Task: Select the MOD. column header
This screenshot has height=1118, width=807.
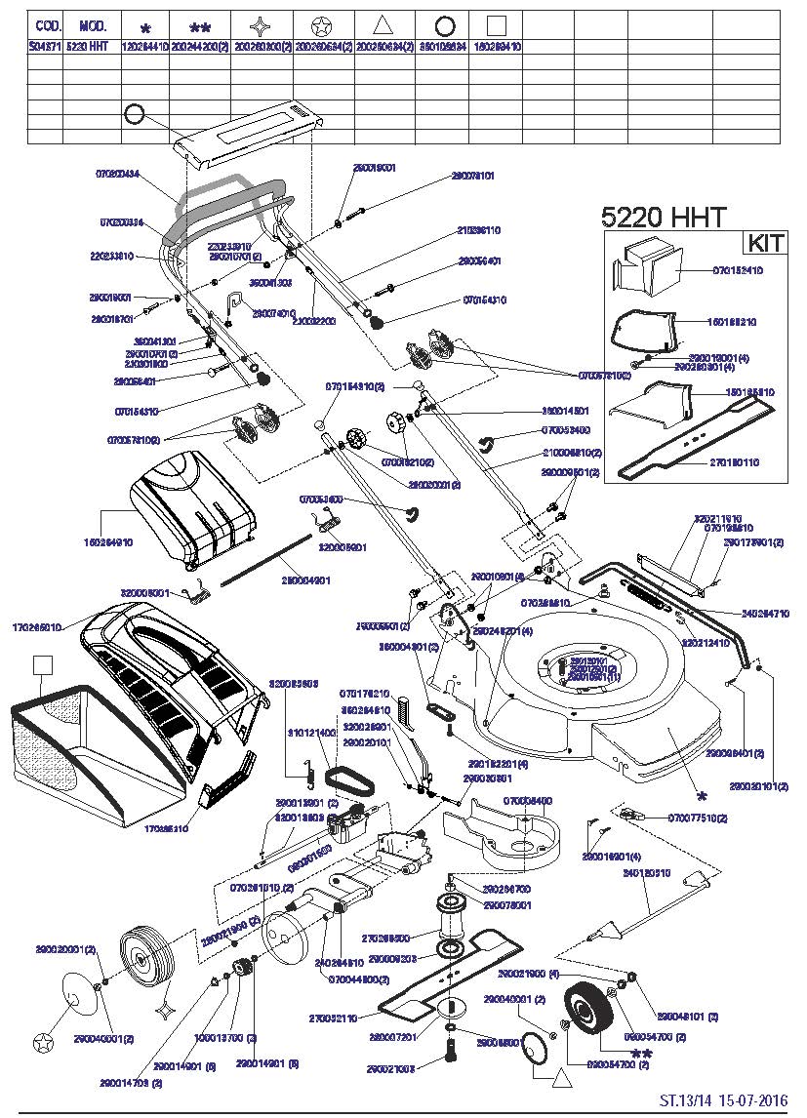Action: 93,25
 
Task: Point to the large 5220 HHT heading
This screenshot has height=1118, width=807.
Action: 664,217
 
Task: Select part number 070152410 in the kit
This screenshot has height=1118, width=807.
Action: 738,269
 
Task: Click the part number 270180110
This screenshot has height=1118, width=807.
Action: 735,461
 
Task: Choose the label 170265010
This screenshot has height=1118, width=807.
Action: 37,627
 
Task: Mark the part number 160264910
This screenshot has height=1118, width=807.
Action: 107,541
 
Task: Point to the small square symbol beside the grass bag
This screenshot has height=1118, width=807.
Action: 41,665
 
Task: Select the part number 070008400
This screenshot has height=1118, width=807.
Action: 528,800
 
